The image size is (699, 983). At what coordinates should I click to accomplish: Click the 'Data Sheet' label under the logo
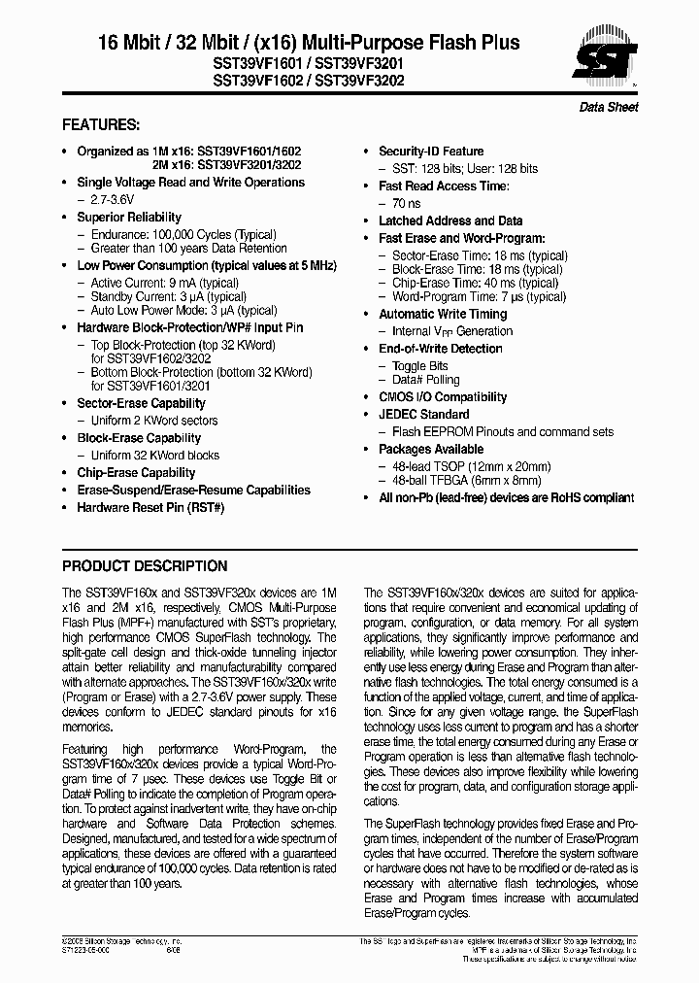point(609,107)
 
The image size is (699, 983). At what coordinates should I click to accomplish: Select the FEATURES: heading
point(101,125)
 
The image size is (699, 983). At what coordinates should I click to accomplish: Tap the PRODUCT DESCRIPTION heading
point(145,566)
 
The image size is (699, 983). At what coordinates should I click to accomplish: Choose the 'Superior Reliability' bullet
point(129,217)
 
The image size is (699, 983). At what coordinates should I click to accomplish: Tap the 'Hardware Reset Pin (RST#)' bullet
point(150,507)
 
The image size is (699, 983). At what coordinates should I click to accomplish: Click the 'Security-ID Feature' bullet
point(431,152)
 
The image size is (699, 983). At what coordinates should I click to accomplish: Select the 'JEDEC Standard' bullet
point(423,415)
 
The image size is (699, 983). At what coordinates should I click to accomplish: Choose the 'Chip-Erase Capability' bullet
point(136,473)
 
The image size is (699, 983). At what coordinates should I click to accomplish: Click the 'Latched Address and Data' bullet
point(450,221)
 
